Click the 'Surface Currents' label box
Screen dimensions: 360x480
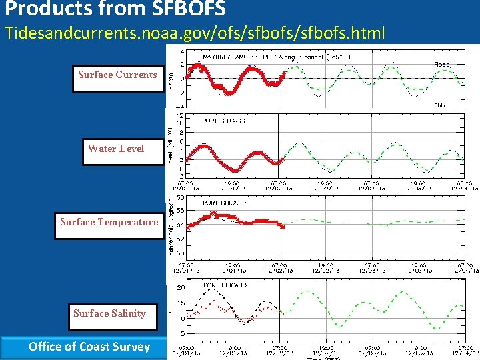(117, 75)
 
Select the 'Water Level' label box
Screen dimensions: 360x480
(116, 148)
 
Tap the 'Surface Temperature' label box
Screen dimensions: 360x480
(109, 222)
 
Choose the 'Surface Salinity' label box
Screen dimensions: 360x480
(109, 313)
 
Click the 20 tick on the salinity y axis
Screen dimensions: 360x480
(181, 288)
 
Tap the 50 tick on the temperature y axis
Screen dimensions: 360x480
(181, 254)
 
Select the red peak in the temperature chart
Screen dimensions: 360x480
(213, 213)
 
